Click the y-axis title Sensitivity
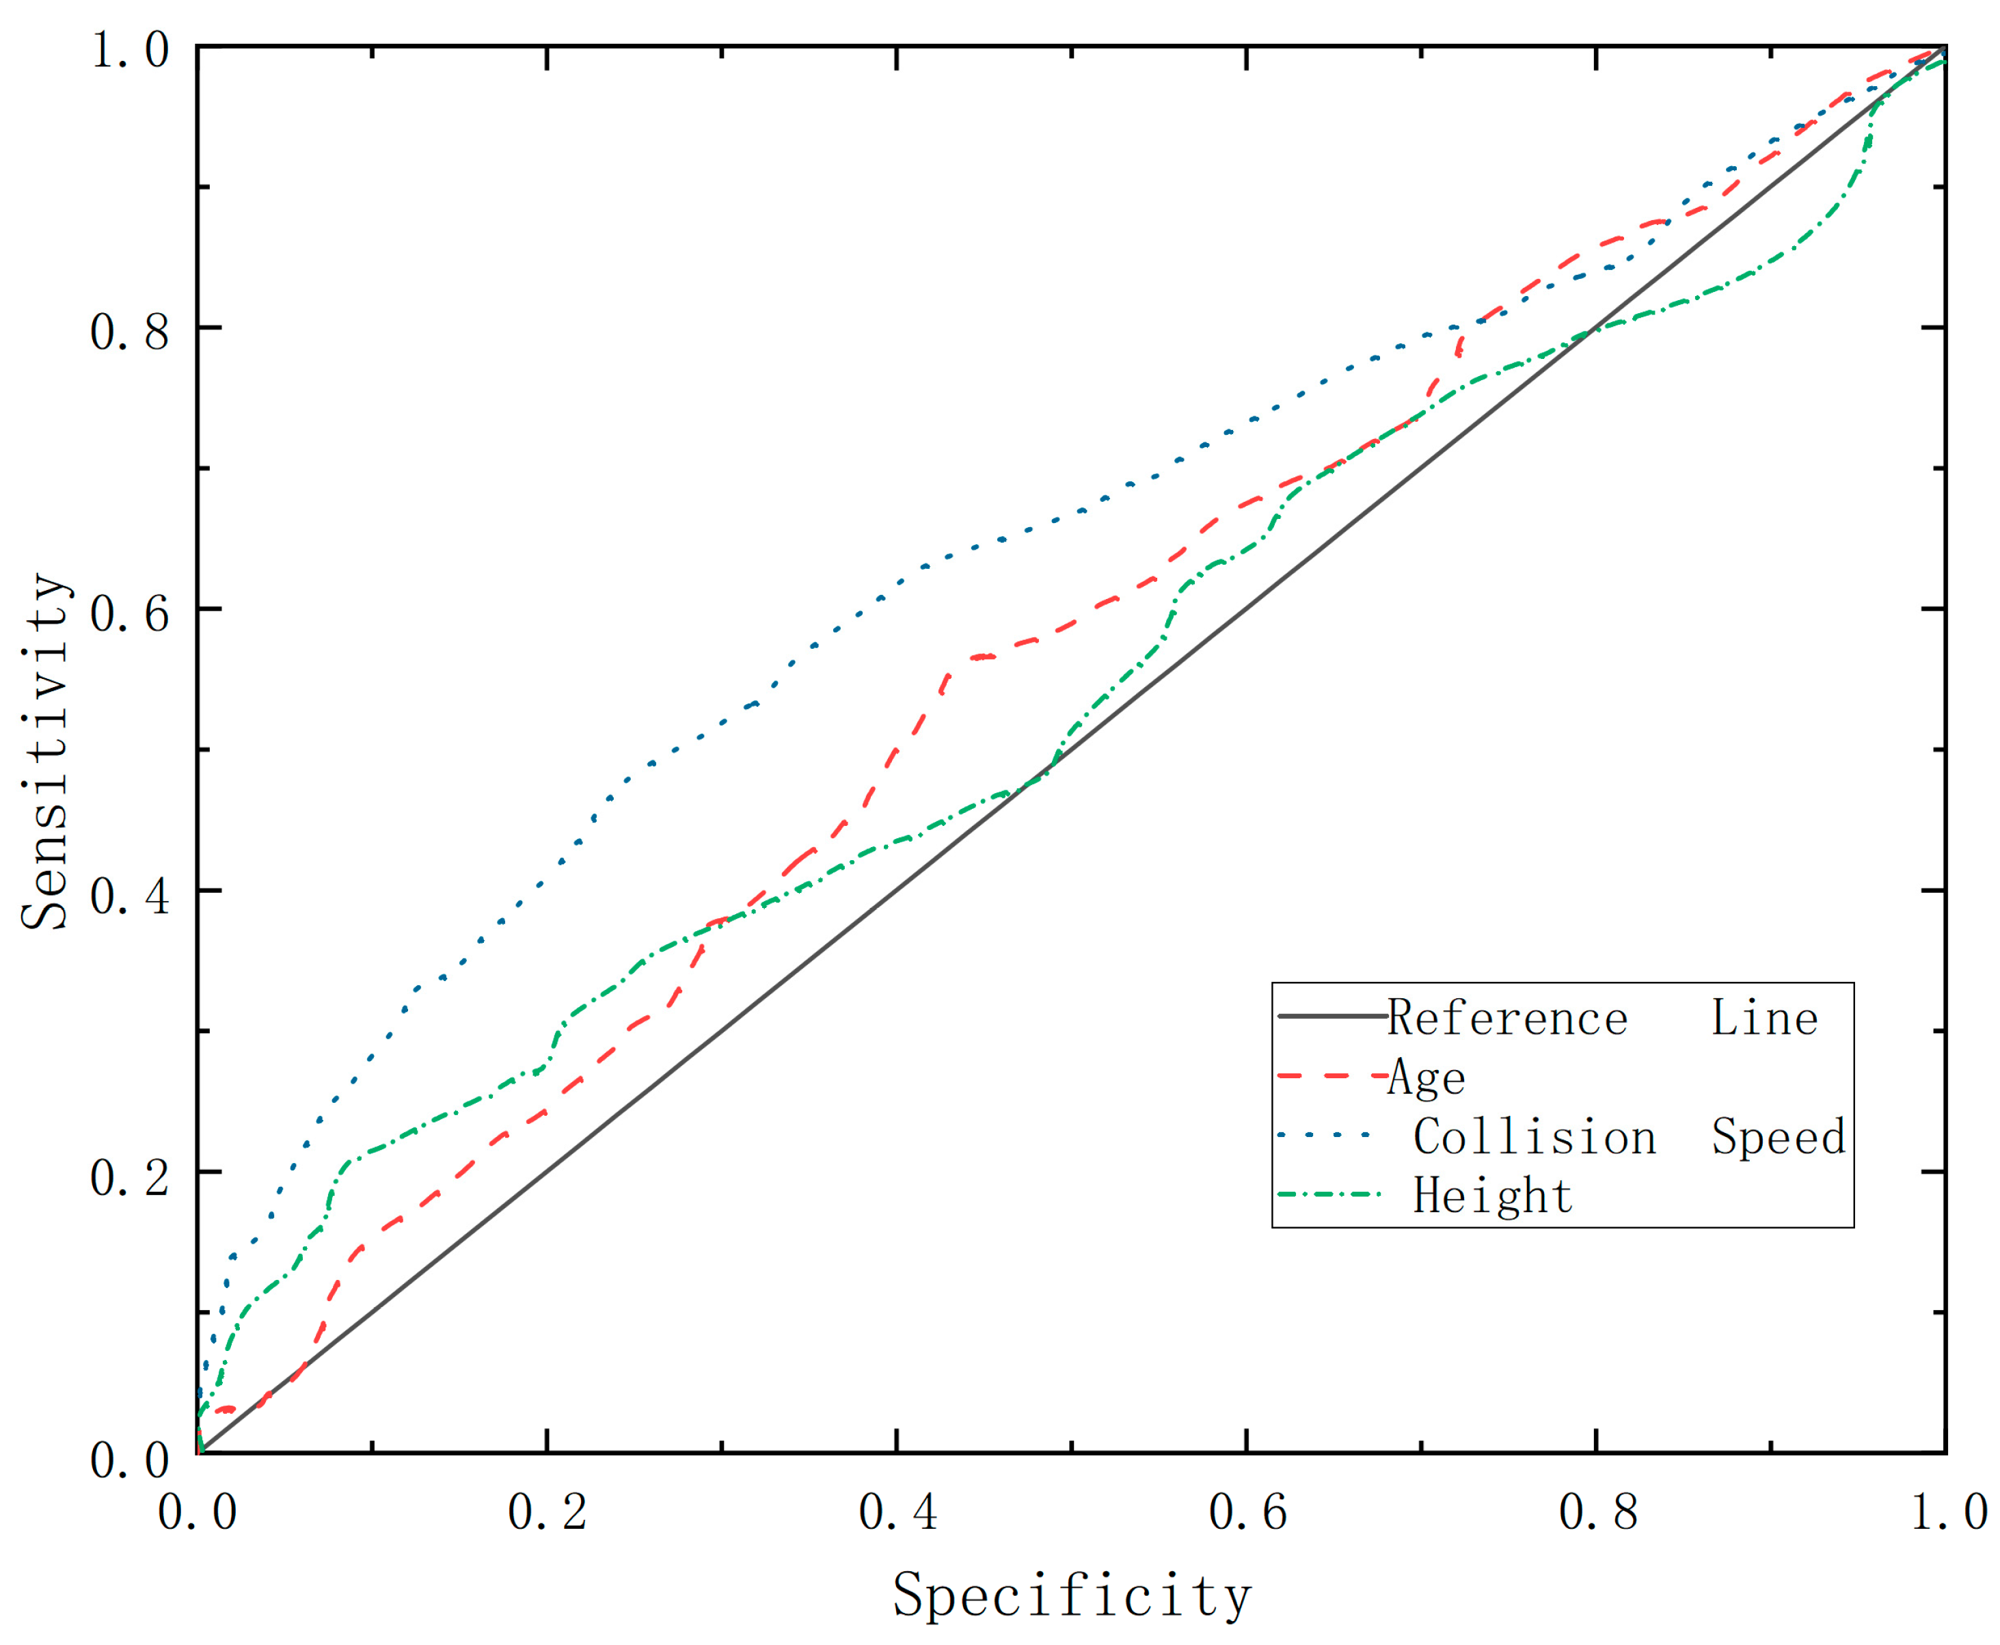pyautogui.click(x=46, y=751)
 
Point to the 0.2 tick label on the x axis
pyautogui.click(x=547, y=1512)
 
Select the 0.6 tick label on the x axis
pyautogui.click(x=1247, y=1512)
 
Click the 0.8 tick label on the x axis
pyautogui.click(x=1597, y=1512)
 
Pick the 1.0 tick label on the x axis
pyautogui.click(x=1947, y=1512)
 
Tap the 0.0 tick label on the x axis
pyautogui.click(x=197, y=1512)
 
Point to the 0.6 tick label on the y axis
pyautogui.click(x=130, y=612)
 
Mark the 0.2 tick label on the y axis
pyautogui.click(x=130, y=1176)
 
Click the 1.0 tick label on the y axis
pyautogui.click(x=130, y=49)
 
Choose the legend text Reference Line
pyautogui.click(x=1601, y=1019)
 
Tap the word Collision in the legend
pyautogui.click(x=1534, y=1137)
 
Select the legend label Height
pyautogui.click(x=1492, y=1196)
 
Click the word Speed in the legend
pyautogui.click(x=1779, y=1137)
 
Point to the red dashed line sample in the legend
pyautogui.click(x=1331, y=1076)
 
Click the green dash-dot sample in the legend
pyautogui.click(x=1331, y=1195)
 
